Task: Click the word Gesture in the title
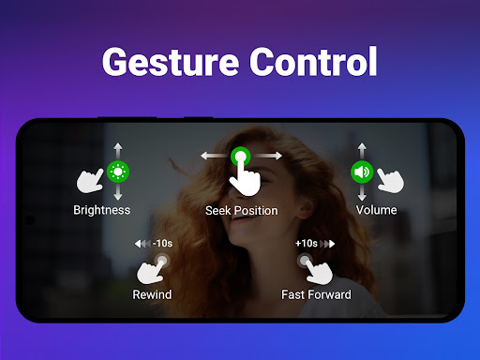[x=171, y=62]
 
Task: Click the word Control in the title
[x=313, y=62]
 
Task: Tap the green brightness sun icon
[x=118, y=172]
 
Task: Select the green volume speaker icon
[x=362, y=172]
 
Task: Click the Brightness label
[x=102, y=210]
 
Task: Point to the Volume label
[x=377, y=210]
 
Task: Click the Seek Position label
[x=242, y=211]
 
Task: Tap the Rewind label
[x=152, y=294]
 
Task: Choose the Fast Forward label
[x=316, y=294]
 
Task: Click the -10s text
[x=162, y=243]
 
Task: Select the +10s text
[x=307, y=243]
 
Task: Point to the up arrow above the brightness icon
[x=118, y=151]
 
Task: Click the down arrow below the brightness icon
[x=118, y=192]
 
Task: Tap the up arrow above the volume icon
[x=362, y=151]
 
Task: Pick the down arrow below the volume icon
[x=362, y=192]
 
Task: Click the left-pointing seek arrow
[x=216, y=156]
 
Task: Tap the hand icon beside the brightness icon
[x=90, y=181]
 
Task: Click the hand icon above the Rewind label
[x=151, y=271]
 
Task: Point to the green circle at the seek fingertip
[x=241, y=157]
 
